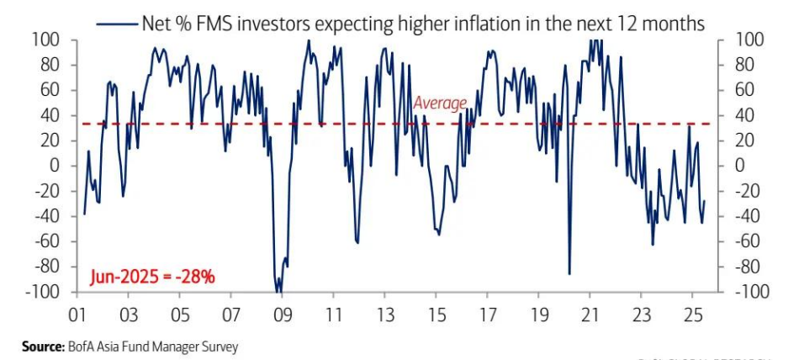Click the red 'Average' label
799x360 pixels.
click(x=439, y=103)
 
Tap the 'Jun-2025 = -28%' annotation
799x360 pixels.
click(x=152, y=275)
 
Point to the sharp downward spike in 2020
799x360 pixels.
click(x=569, y=273)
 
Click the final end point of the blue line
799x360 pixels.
click(x=705, y=201)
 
